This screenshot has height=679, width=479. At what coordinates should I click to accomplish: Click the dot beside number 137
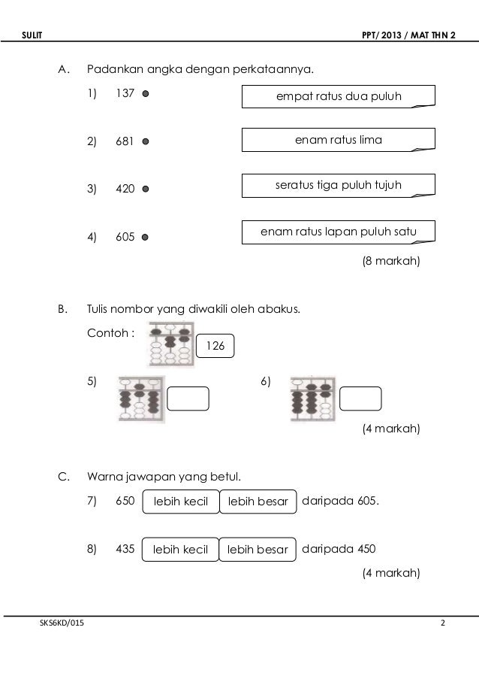[145, 95]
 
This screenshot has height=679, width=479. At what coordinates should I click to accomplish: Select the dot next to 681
[145, 141]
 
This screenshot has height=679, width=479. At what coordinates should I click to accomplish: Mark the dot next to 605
[145, 237]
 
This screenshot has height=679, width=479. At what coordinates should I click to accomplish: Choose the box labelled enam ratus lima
[339, 140]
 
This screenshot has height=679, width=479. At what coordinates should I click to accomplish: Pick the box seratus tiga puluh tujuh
[339, 186]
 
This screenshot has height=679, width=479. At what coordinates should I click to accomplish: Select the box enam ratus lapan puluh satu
[339, 232]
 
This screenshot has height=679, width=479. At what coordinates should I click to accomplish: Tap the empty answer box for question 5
[188, 399]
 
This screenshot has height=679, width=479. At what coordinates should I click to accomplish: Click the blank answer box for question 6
[360, 399]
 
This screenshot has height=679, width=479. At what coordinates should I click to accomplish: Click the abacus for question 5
[139, 399]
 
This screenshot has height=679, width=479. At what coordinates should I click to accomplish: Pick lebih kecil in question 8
[180, 550]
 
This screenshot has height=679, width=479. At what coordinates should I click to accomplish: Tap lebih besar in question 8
[258, 550]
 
